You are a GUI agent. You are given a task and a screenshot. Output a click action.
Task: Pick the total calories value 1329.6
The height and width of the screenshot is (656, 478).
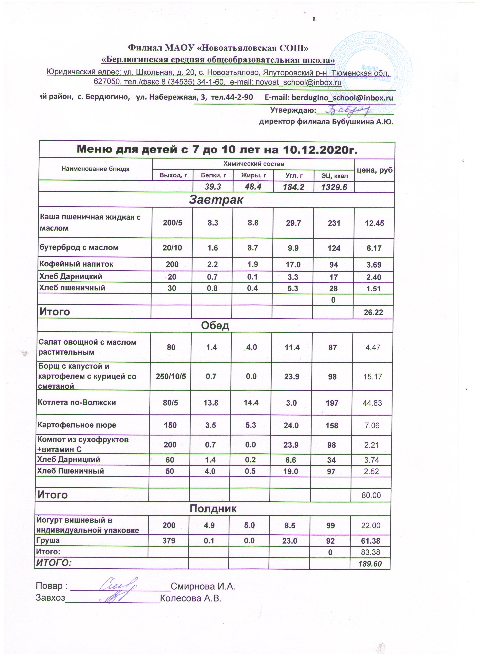pyautogui.click(x=334, y=187)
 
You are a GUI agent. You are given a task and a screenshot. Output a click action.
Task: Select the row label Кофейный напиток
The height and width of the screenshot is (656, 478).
pyautogui.click(x=76, y=264)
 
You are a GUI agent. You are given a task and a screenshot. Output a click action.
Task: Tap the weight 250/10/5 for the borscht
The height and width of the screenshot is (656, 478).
pyautogui.click(x=171, y=376)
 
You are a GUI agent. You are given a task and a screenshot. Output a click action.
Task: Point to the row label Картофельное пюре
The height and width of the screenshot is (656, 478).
pyautogui.click(x=77, y=425)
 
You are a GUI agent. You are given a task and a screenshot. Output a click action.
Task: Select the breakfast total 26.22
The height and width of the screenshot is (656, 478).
pyautogui.click(x=374, y=312)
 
